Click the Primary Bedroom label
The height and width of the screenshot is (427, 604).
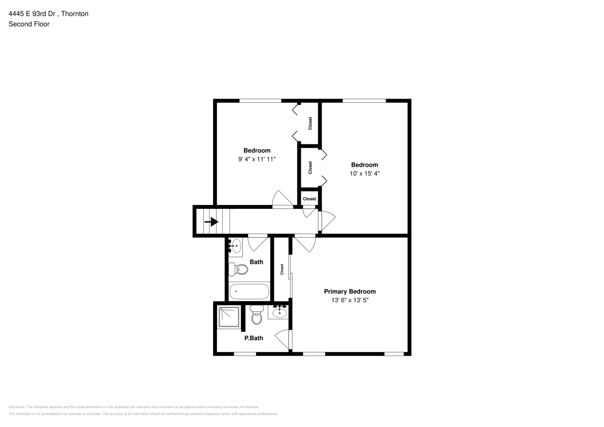click(x=350, y=291)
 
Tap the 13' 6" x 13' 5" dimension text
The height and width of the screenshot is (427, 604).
click(x=350, y=300)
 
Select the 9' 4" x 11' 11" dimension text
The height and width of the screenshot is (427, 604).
click(x=257, y=159)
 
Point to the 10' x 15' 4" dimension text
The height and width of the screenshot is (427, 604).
click(x=364, y=173)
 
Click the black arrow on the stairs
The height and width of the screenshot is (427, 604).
click(x=211, y=222)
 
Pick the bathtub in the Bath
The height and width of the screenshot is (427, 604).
click(x=249, y=291)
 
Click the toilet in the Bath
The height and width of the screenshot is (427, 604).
click(x=238, y=269)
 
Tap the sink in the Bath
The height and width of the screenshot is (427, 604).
click(x=235, y=246)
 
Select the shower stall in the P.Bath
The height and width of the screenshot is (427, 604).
click(x=229, y=317)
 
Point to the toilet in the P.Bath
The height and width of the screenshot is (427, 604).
click(x=256, y=315)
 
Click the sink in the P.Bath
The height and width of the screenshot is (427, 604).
click(x=279, y=312)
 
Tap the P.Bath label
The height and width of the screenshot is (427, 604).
click(x=253, y=338)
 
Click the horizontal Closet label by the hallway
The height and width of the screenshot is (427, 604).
click(x=309, y=199)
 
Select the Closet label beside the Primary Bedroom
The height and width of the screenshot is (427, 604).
click(x=282, y=269)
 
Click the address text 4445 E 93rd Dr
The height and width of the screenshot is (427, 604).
click(x=32, y=14)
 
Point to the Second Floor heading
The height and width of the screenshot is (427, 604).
click(x=29, y=24)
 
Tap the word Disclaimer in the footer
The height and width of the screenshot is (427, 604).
click(x=17, y=407)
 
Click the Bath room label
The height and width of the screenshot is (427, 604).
click(x=256, y=262)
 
